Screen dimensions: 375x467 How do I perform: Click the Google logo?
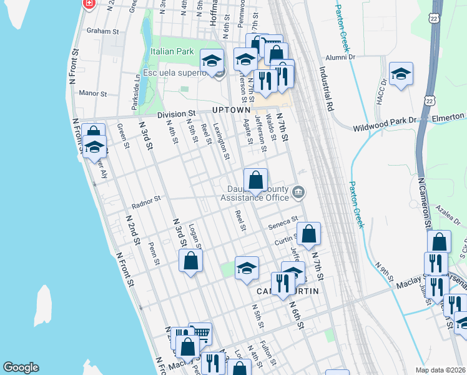tap(21, 367)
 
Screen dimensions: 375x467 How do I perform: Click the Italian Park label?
tap(172, 51)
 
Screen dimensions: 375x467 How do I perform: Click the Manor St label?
tap(93, 93)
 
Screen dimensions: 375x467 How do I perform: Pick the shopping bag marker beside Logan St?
tap(191, 260)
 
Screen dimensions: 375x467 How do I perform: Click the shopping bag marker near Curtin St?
tap(308, 234)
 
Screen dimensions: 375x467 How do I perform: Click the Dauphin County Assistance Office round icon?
tap(298, 192)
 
